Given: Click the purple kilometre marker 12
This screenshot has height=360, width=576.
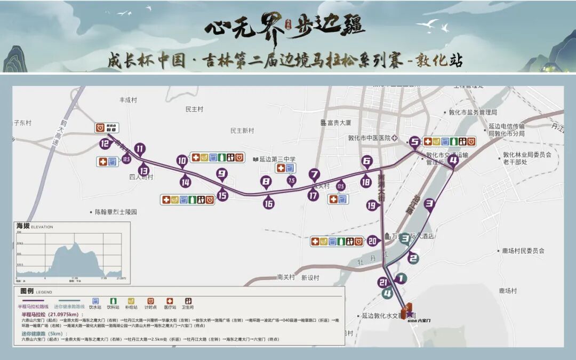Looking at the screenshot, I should (105, 143).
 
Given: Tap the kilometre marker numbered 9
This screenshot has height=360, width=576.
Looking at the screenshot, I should (222, 173).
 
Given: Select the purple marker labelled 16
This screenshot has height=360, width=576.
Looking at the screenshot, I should (269, 203).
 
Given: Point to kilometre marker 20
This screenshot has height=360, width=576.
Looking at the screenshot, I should (373, 241).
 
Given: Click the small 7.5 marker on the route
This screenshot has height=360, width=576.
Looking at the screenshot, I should (291, 181).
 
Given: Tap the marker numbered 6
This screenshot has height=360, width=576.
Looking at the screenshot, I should (366, 161).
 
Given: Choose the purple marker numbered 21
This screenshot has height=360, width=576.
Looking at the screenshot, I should (382, 282).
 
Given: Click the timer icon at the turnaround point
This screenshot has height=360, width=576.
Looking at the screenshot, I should (100, 127).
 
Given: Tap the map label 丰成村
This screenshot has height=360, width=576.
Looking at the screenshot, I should (129, 100).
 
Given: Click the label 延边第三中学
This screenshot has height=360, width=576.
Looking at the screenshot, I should (277, 159).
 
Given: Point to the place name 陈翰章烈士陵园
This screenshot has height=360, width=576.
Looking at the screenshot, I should (116, 212).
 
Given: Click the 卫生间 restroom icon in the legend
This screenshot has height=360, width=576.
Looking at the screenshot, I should (188, 301).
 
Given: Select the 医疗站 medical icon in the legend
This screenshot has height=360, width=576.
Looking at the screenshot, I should (170, 301).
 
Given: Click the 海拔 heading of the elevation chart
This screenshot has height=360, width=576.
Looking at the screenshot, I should (23, 226).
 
